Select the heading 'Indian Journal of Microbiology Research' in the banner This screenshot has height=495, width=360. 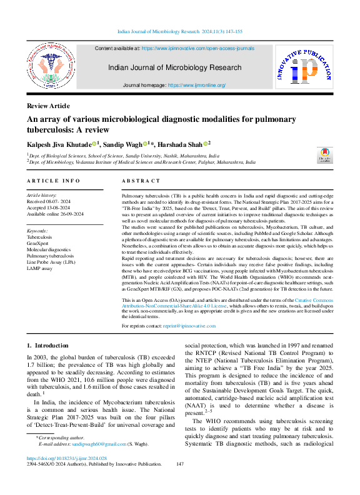click(174, 67)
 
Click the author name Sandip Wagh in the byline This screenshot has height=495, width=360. click(125, 144)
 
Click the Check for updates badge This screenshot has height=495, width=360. click(325, 156)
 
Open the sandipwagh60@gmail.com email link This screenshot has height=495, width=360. click(99, 461)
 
